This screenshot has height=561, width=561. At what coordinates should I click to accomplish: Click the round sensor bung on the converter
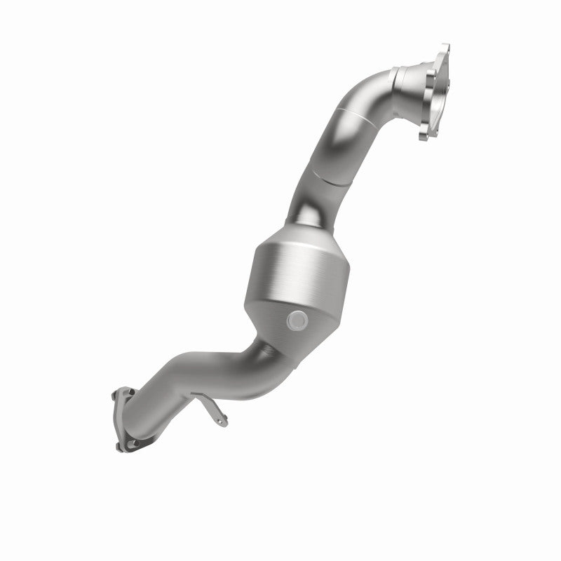(297, 320)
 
